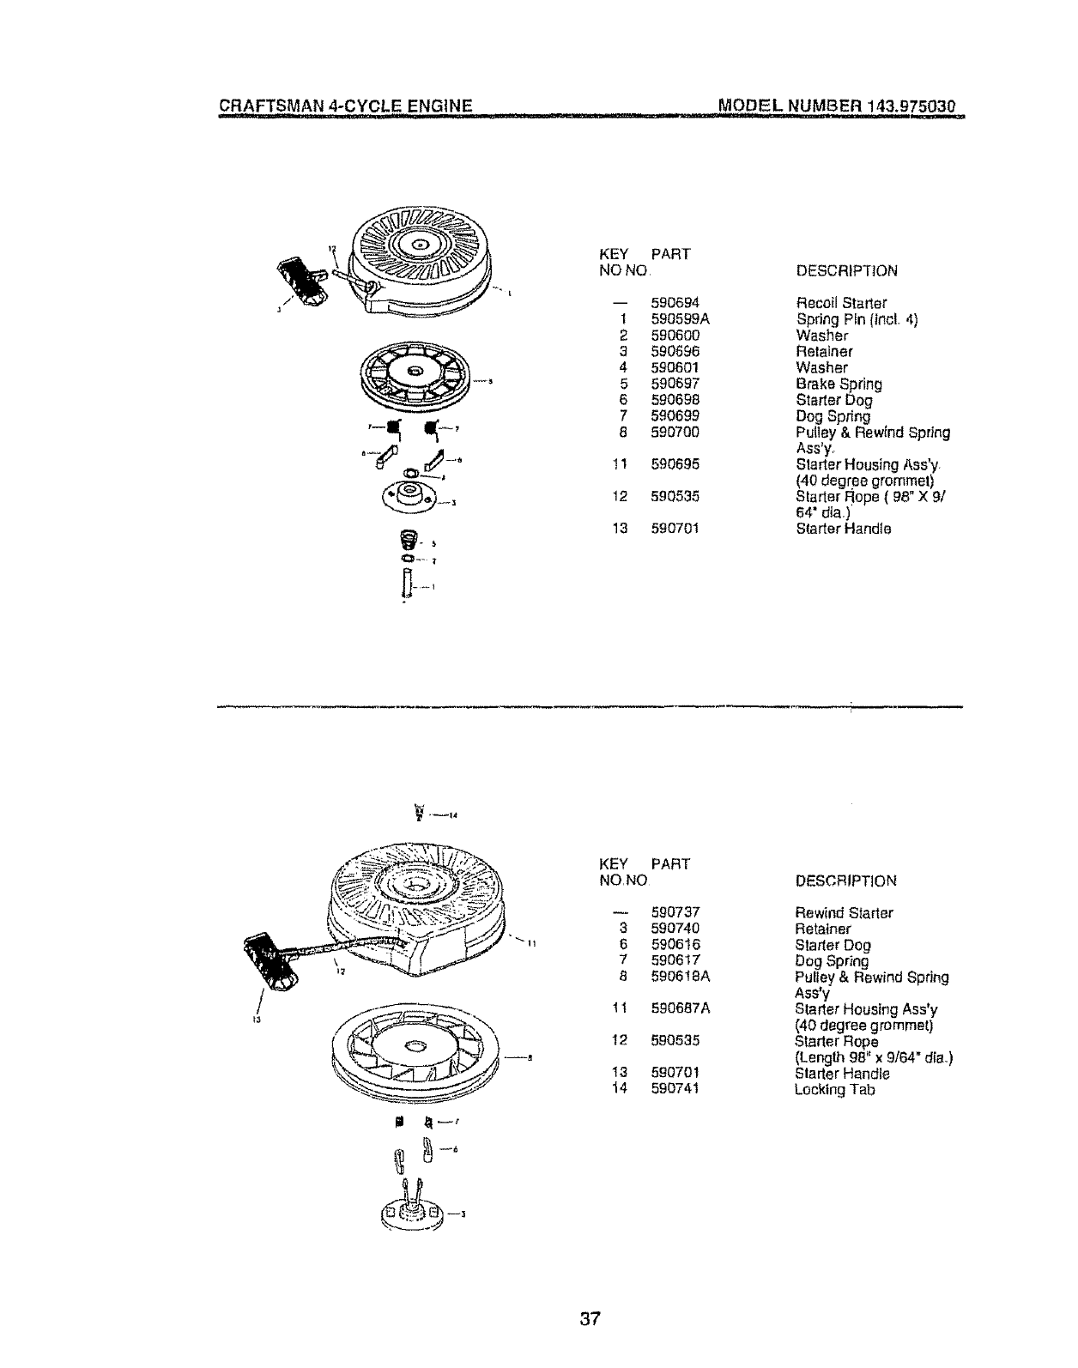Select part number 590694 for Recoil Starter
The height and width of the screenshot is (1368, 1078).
pyautogui.click(x=675, y=303)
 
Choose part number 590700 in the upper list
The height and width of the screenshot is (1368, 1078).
pyautogui.click(x=675, y=433)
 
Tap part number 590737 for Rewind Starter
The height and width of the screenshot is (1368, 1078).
pyautogui.click(x=676, y=912)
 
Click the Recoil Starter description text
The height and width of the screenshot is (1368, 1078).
pyautogui.click(x=841, y=303)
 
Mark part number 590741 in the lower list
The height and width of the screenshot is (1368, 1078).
pyautogui.click(x=676, y=1090)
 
